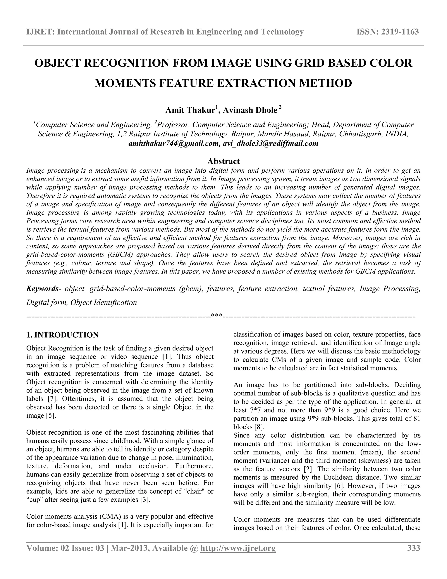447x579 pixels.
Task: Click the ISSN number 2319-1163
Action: [400, 32]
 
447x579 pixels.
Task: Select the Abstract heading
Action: [223, 161]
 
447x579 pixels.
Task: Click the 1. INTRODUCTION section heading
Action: [62, 335]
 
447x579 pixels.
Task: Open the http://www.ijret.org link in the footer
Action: [238, 548]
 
